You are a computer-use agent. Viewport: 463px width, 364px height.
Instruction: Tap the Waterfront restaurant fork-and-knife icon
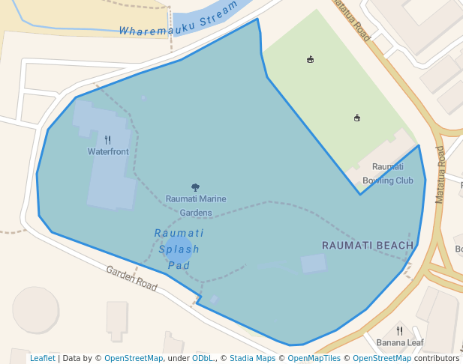[x=108, y=139]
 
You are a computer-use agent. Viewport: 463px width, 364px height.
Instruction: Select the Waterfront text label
[x=108, y=151]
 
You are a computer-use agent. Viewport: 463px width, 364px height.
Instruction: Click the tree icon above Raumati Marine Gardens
[x=196, y=187]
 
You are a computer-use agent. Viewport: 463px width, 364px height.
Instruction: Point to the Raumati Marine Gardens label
[x=196, y=205]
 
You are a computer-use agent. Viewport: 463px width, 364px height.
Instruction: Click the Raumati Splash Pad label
[x=179, y=249]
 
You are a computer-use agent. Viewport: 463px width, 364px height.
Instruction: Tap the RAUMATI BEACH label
[x=368, y=245]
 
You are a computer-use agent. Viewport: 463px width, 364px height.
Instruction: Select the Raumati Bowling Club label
[x=388, y=174]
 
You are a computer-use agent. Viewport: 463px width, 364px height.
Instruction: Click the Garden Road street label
[x=131, y=279]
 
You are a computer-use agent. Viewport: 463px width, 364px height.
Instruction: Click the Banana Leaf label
[x=400, y=343]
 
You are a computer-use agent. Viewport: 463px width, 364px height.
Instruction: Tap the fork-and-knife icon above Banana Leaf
[x=399, y=330]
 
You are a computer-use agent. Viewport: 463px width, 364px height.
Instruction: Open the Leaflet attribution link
[x=42, y=358]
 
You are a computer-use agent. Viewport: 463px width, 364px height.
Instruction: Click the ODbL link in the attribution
[x=203, y=358]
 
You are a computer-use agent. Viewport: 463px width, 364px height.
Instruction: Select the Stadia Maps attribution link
[x=252, y=358]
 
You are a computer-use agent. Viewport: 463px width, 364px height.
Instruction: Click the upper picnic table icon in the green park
[x=310, y=59]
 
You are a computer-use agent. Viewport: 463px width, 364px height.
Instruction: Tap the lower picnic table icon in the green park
[x=356, y=117]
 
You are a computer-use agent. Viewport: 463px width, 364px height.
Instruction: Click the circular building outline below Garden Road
[x=36, y=309]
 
